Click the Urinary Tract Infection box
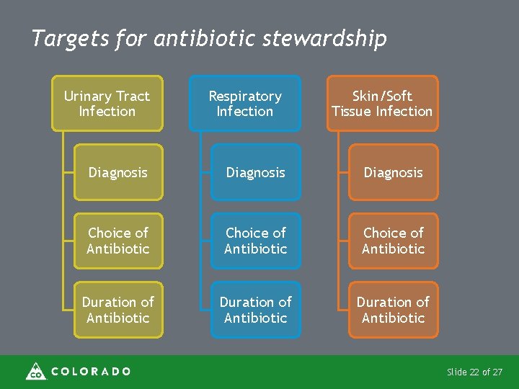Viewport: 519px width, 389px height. pyautogui.click(x=107, y=104)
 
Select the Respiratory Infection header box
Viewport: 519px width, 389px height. pyautogui.click(x=245, y=104)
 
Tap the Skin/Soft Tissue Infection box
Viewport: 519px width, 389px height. pyautogui.click(x=382, y=104)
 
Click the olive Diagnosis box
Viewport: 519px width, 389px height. pyautogui.click(x=118, y=173)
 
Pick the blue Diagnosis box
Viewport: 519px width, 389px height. pyautogui.click(x=256, y=173)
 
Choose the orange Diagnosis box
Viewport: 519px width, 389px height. pyautogui.click(x=394, y=173)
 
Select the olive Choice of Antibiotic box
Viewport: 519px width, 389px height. pyautogui.click(x=118, y=241)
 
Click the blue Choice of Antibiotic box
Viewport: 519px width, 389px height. pyautogui.click(x=256, y=241)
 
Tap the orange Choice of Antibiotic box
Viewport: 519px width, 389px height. pyautogui.click(x=394, y=241)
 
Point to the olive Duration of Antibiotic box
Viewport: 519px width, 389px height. pyautogui.click(x=118, y=310)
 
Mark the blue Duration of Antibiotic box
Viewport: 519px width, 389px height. pyautogui.click(x=256, y=310)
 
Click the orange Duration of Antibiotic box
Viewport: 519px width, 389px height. pyautogui.click(x=394, y=310)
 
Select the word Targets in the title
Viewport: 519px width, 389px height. pyautogui.click(x=70, y=38)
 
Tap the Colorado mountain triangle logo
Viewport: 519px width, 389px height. pyautogui.click(x=35, y=371)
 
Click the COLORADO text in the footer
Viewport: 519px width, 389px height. pyautogui.click(x=91, y=372)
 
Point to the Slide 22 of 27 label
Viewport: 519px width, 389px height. pyautogui.click(x=474, y=372)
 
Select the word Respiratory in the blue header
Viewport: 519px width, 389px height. pyautogui.click(x=245, y=96)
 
